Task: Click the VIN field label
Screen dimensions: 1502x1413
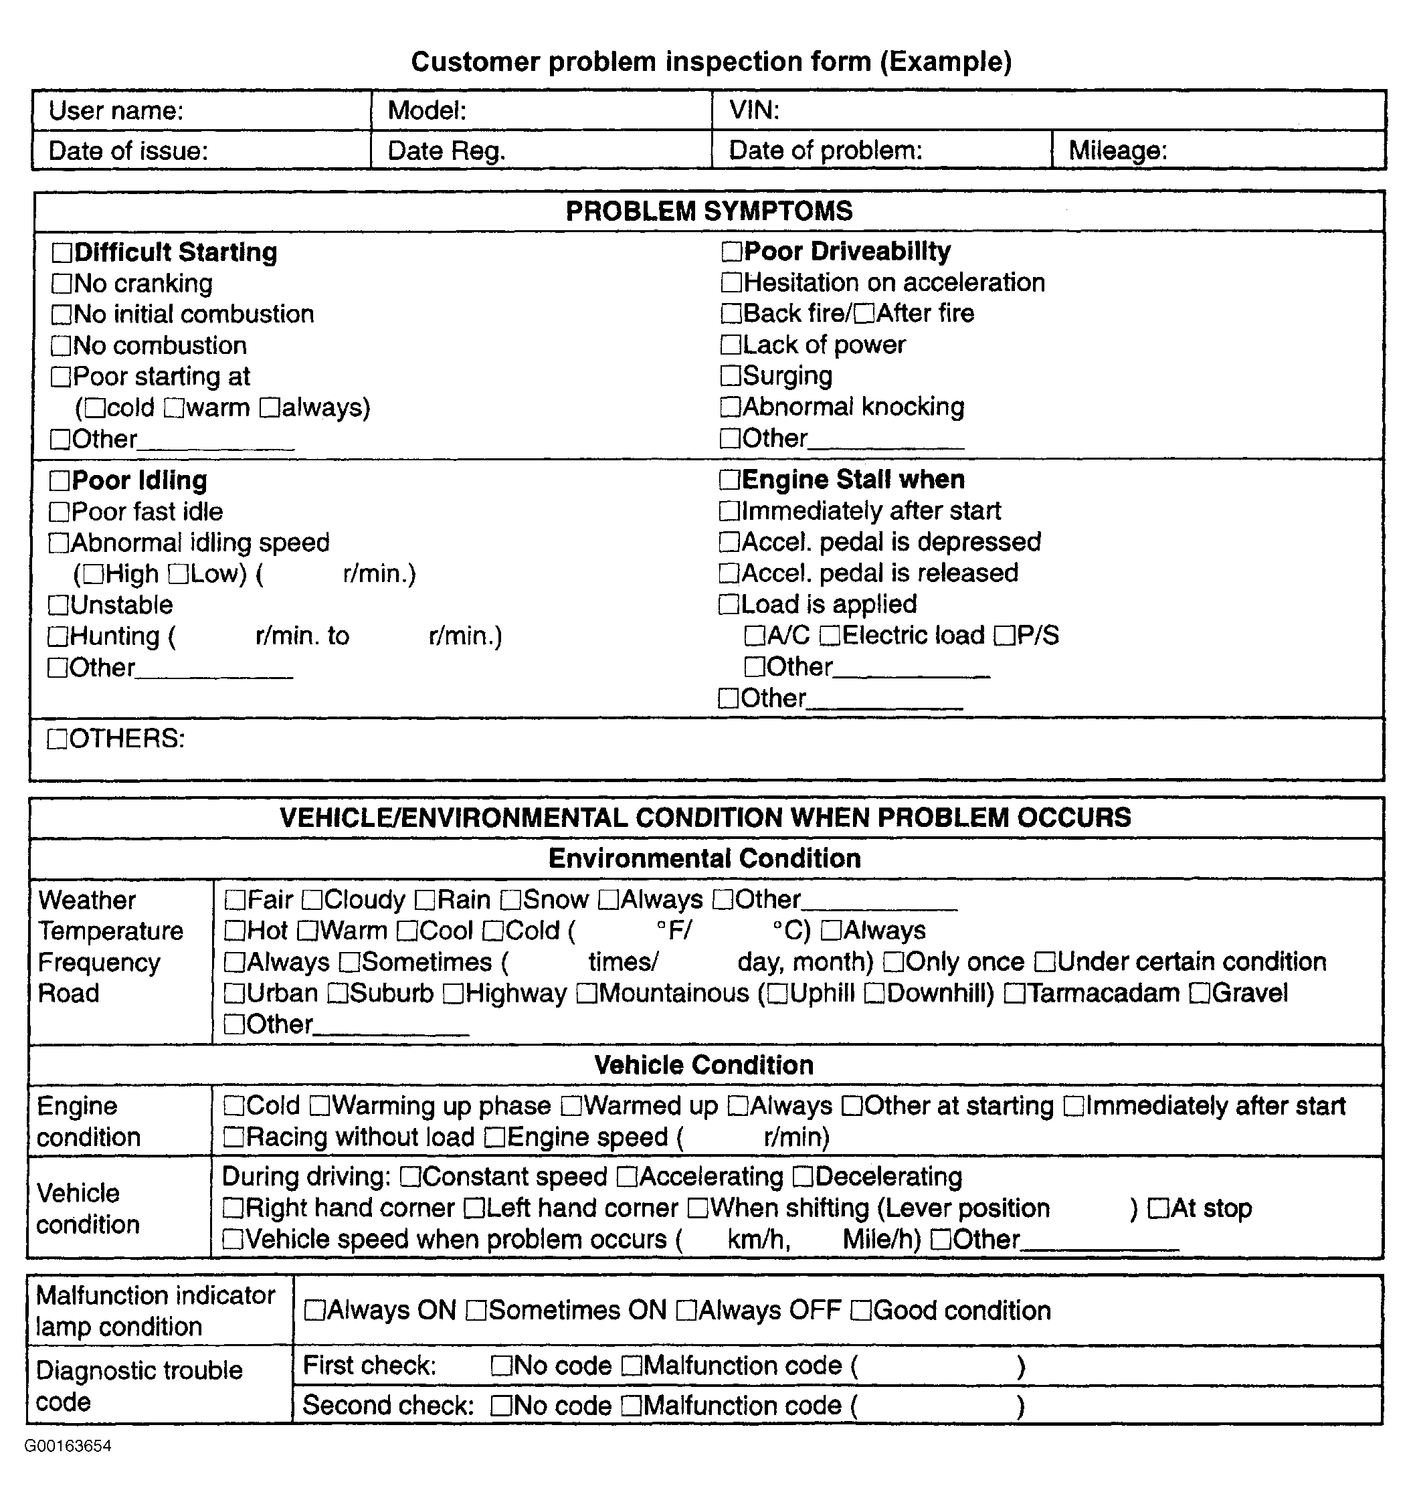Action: pyautogui.click(x=753, y=111)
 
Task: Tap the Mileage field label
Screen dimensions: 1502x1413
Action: pyautogui.click(x=1117, y=151)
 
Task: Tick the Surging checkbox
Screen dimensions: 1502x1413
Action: pyautogui.click(x=731, y=375)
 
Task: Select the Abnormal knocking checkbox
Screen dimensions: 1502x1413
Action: pyautogui.click(x=731, y=407)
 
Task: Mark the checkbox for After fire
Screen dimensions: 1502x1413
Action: pyautogui.click(x=865, y=314)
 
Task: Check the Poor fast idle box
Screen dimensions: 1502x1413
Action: pyautogui.click(x=59, y=512)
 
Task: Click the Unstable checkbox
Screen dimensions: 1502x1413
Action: pyautogui.click(x=58, y=605)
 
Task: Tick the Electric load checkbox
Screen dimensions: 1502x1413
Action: pyautogui.click(x=830, y=636)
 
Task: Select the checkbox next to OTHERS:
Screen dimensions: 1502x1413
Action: pyautogui.click(x=58, y=739)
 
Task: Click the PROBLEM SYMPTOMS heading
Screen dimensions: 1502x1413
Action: pyautogui.click(x=709, y=211)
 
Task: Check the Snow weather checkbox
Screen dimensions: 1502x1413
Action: pyautogui.click(x=512, y=901)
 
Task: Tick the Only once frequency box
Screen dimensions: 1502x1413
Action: pyautogui.click(x=894, y=963)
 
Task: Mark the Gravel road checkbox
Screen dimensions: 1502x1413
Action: pyautogui.click(x=1200, y=994)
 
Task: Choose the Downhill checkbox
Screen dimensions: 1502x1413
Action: pyautogui.click(x=875, y=994)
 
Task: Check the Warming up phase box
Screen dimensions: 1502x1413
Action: pyautogui.click(x=320, y=1107)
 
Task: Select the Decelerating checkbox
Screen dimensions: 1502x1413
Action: pyautogui.click(x=804, y=1177)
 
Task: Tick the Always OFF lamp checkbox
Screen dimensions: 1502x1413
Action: pyautogui.click(x=687, y=1311)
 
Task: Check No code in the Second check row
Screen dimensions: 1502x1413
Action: pyautogui.click(x=502, y=1406)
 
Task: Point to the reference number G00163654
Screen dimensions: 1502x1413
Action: pyautogui.click(x=68, y=1446)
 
